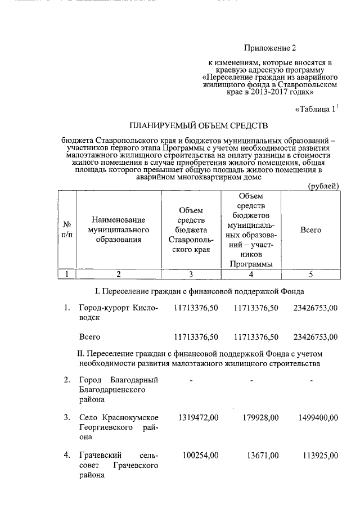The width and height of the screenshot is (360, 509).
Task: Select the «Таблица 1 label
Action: [x=316, y=110]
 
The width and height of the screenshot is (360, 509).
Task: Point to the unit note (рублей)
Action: [x=323, y=186]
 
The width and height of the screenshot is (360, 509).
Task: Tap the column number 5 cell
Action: [x=310, y=274]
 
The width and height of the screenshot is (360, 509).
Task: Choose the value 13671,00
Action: [x=262, y=454]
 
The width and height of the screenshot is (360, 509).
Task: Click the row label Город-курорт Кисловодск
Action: [x=118, y=313]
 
